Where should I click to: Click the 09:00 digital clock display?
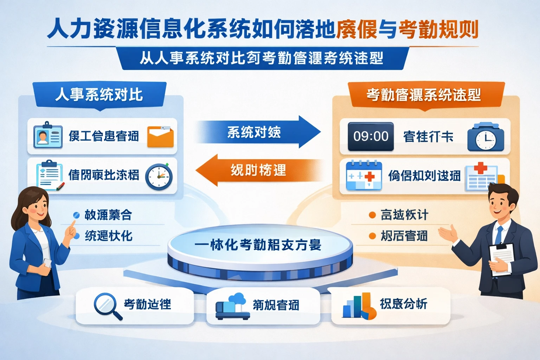click(x=371, y=136)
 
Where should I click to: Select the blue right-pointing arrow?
click(x=258, y=132)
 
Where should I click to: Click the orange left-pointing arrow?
click(x=258, y=170)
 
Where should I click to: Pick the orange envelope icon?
click(x=160, y=136)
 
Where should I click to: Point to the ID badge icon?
click(x=47, y=135)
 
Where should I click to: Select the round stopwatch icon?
click(x=159, y=176)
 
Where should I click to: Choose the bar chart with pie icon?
click(x=359, y=306)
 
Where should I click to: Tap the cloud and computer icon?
click(x=232, y=306)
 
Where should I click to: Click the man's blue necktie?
click(x=499, y=235)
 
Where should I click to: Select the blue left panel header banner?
click(x=99, y=94)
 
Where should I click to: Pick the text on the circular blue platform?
click(x=258, y=245)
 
